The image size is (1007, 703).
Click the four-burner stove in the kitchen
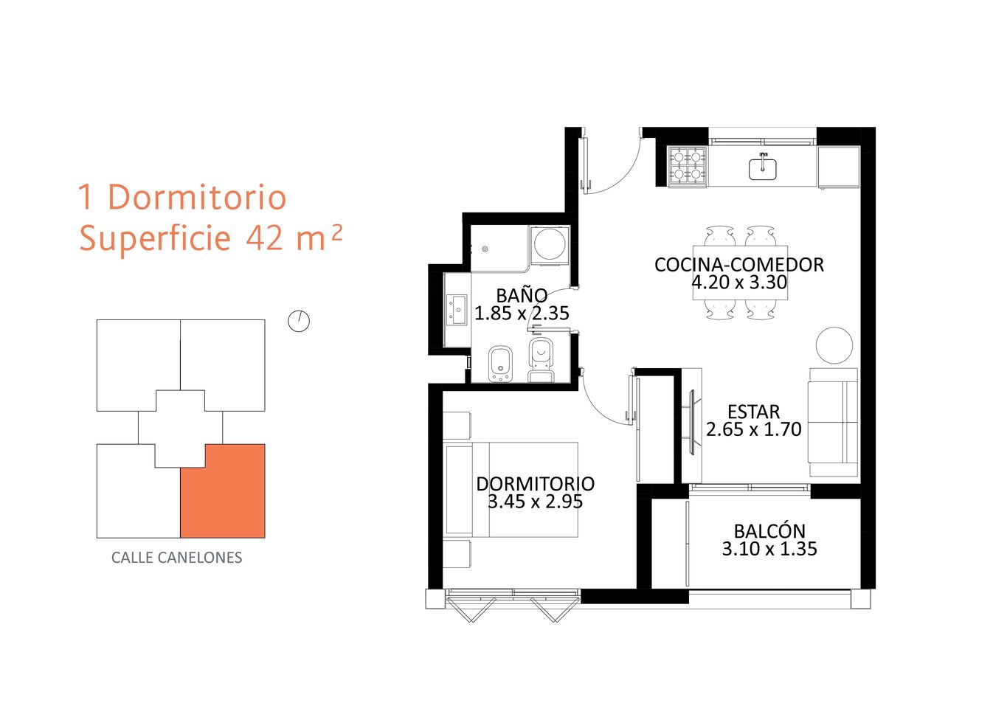click(688, 166)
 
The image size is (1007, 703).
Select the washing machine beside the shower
click(550, 245)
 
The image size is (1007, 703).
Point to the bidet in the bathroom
click(500, 364)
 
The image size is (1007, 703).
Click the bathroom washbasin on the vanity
click(457, 310)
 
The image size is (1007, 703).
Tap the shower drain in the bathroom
click(485, 249)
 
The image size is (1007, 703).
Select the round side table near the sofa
click(834, 345)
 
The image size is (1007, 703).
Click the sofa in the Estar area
click(833, 422)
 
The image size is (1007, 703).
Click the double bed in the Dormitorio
click(511, 490)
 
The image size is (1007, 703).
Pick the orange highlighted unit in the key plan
click(223, 491)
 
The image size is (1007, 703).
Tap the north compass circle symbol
click(299, 322)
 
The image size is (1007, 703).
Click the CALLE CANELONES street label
click(176, 558)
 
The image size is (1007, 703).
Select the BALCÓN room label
click(769, 531)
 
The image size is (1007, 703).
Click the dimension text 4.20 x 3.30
click(739, 283)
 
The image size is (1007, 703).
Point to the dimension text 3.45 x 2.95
click(535, 501)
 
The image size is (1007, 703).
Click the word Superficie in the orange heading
click(155, 238)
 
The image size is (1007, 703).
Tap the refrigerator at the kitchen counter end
click(838, 167)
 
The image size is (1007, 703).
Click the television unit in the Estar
click(691, 423)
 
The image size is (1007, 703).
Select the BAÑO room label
click(522, 295)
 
